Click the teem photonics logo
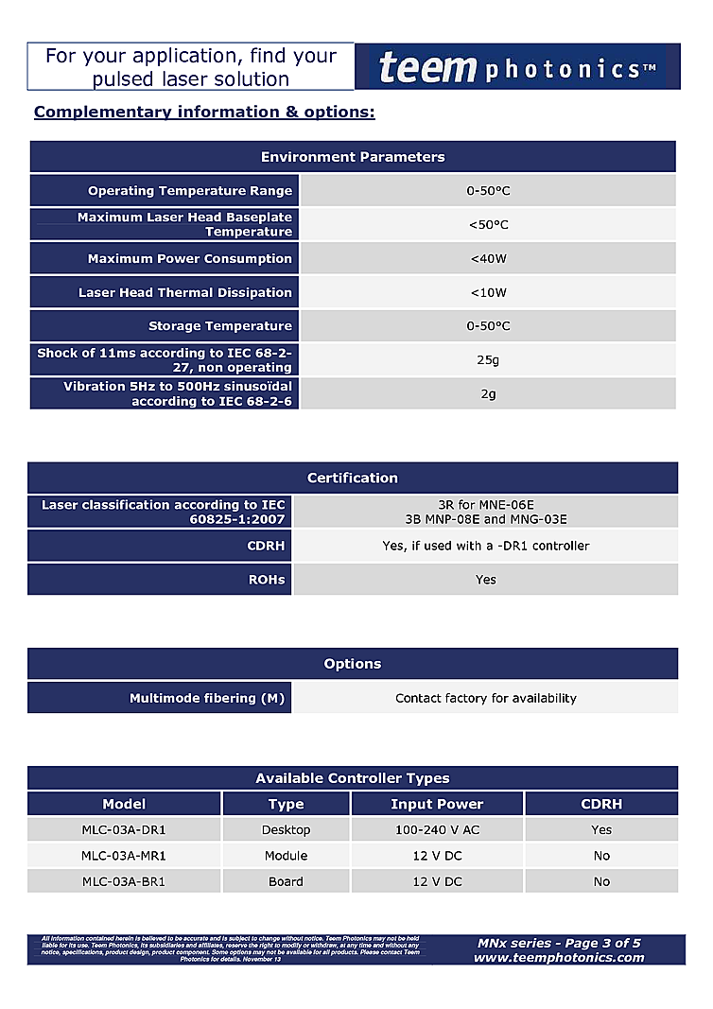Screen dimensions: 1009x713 click(517, 67)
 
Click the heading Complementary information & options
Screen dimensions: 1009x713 click(204, 113)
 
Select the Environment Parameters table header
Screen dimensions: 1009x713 click(353, 157)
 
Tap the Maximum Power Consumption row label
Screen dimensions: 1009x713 click(190, 258)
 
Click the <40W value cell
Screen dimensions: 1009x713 click(488, 258)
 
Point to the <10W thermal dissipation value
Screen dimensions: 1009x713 click(488, 292)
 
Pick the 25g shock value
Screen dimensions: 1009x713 click(488, 360)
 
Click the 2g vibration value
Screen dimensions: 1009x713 click(488, 393)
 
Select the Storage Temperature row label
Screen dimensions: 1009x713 click(220, 326)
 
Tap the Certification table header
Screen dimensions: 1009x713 click(353, 478)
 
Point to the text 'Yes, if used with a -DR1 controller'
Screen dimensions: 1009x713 click(485, 546)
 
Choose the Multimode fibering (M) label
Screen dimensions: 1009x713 click(207, 698)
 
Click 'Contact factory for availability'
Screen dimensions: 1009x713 click(485, 698)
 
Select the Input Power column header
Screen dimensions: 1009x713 click(437, 804)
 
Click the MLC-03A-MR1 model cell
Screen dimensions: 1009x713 click(124, 856)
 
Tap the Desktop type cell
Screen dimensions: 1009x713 click(286, 830)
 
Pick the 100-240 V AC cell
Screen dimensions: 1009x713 click(437, 830)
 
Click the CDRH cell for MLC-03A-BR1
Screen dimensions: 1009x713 click(601, 881)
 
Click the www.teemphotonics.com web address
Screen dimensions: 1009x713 click(559, 957)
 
